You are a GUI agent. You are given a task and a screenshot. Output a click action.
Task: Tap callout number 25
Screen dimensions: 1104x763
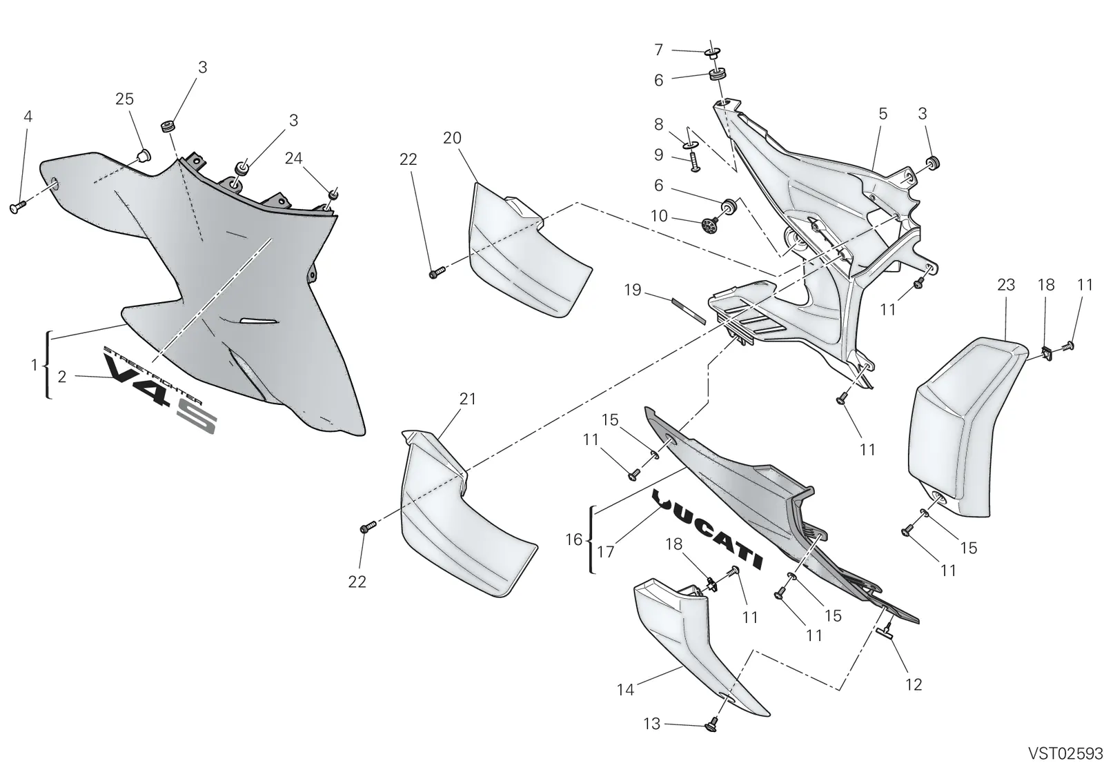click(x=124, y=99)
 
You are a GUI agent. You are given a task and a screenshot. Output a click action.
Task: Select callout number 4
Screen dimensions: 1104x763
click(x=28, y=117)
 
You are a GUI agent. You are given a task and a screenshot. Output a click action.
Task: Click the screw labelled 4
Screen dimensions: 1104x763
click(x=17, y=207)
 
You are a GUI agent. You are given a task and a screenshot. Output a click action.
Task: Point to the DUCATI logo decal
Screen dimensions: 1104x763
click(x=708, y=528)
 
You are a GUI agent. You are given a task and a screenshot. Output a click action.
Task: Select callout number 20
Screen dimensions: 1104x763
click(x=452, y=138)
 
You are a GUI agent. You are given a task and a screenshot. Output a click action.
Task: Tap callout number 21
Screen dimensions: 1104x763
click(x=468, y=398)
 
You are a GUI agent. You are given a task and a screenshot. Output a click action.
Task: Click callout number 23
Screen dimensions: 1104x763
click(x=1006, y=284)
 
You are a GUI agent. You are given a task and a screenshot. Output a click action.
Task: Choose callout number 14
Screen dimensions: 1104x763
click(x=625, y=690)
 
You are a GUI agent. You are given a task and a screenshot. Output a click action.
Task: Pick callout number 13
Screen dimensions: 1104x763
click(x=651, y=724)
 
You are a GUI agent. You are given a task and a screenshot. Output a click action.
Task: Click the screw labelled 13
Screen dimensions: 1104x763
click(x=711, y=726)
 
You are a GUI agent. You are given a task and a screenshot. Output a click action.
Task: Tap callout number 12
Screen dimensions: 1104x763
click(x=914, y=684)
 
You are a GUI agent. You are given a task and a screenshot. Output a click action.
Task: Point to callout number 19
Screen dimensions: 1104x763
click(x=632, y=290)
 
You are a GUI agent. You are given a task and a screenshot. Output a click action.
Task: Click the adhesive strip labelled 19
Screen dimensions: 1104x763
click(x=689, y=310)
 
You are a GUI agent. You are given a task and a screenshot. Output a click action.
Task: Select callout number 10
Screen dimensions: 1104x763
click(x=659, y=216)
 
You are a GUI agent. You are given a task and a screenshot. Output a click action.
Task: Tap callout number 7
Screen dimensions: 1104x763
click(x=658, y=50)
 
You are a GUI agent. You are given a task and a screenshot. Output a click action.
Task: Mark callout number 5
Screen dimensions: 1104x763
click(x=883, y=114)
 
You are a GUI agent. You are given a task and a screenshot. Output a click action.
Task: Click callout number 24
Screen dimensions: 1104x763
click(x=294, y=158)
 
